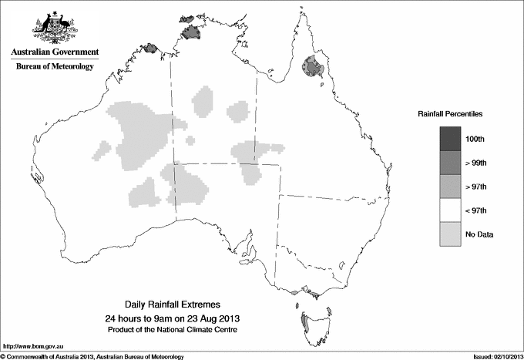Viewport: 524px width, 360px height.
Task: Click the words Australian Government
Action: pos(54,52)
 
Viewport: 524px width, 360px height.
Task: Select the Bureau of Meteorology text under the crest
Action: pos(54,66)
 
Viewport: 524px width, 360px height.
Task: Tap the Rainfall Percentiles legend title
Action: pos(450,113)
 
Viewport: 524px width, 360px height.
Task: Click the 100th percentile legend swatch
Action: pos(450,138)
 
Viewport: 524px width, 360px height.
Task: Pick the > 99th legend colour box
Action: pos(450,162)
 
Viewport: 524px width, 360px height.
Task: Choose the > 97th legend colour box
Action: pos(450,186)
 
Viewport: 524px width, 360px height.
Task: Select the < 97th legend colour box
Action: pos(450,210)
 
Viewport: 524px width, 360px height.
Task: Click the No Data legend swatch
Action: pos(450,234)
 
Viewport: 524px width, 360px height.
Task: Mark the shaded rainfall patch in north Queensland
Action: pos(314,69)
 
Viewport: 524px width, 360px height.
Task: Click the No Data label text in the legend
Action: pos(479,234)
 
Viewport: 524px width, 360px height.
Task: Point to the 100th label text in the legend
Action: pos(475,138)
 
